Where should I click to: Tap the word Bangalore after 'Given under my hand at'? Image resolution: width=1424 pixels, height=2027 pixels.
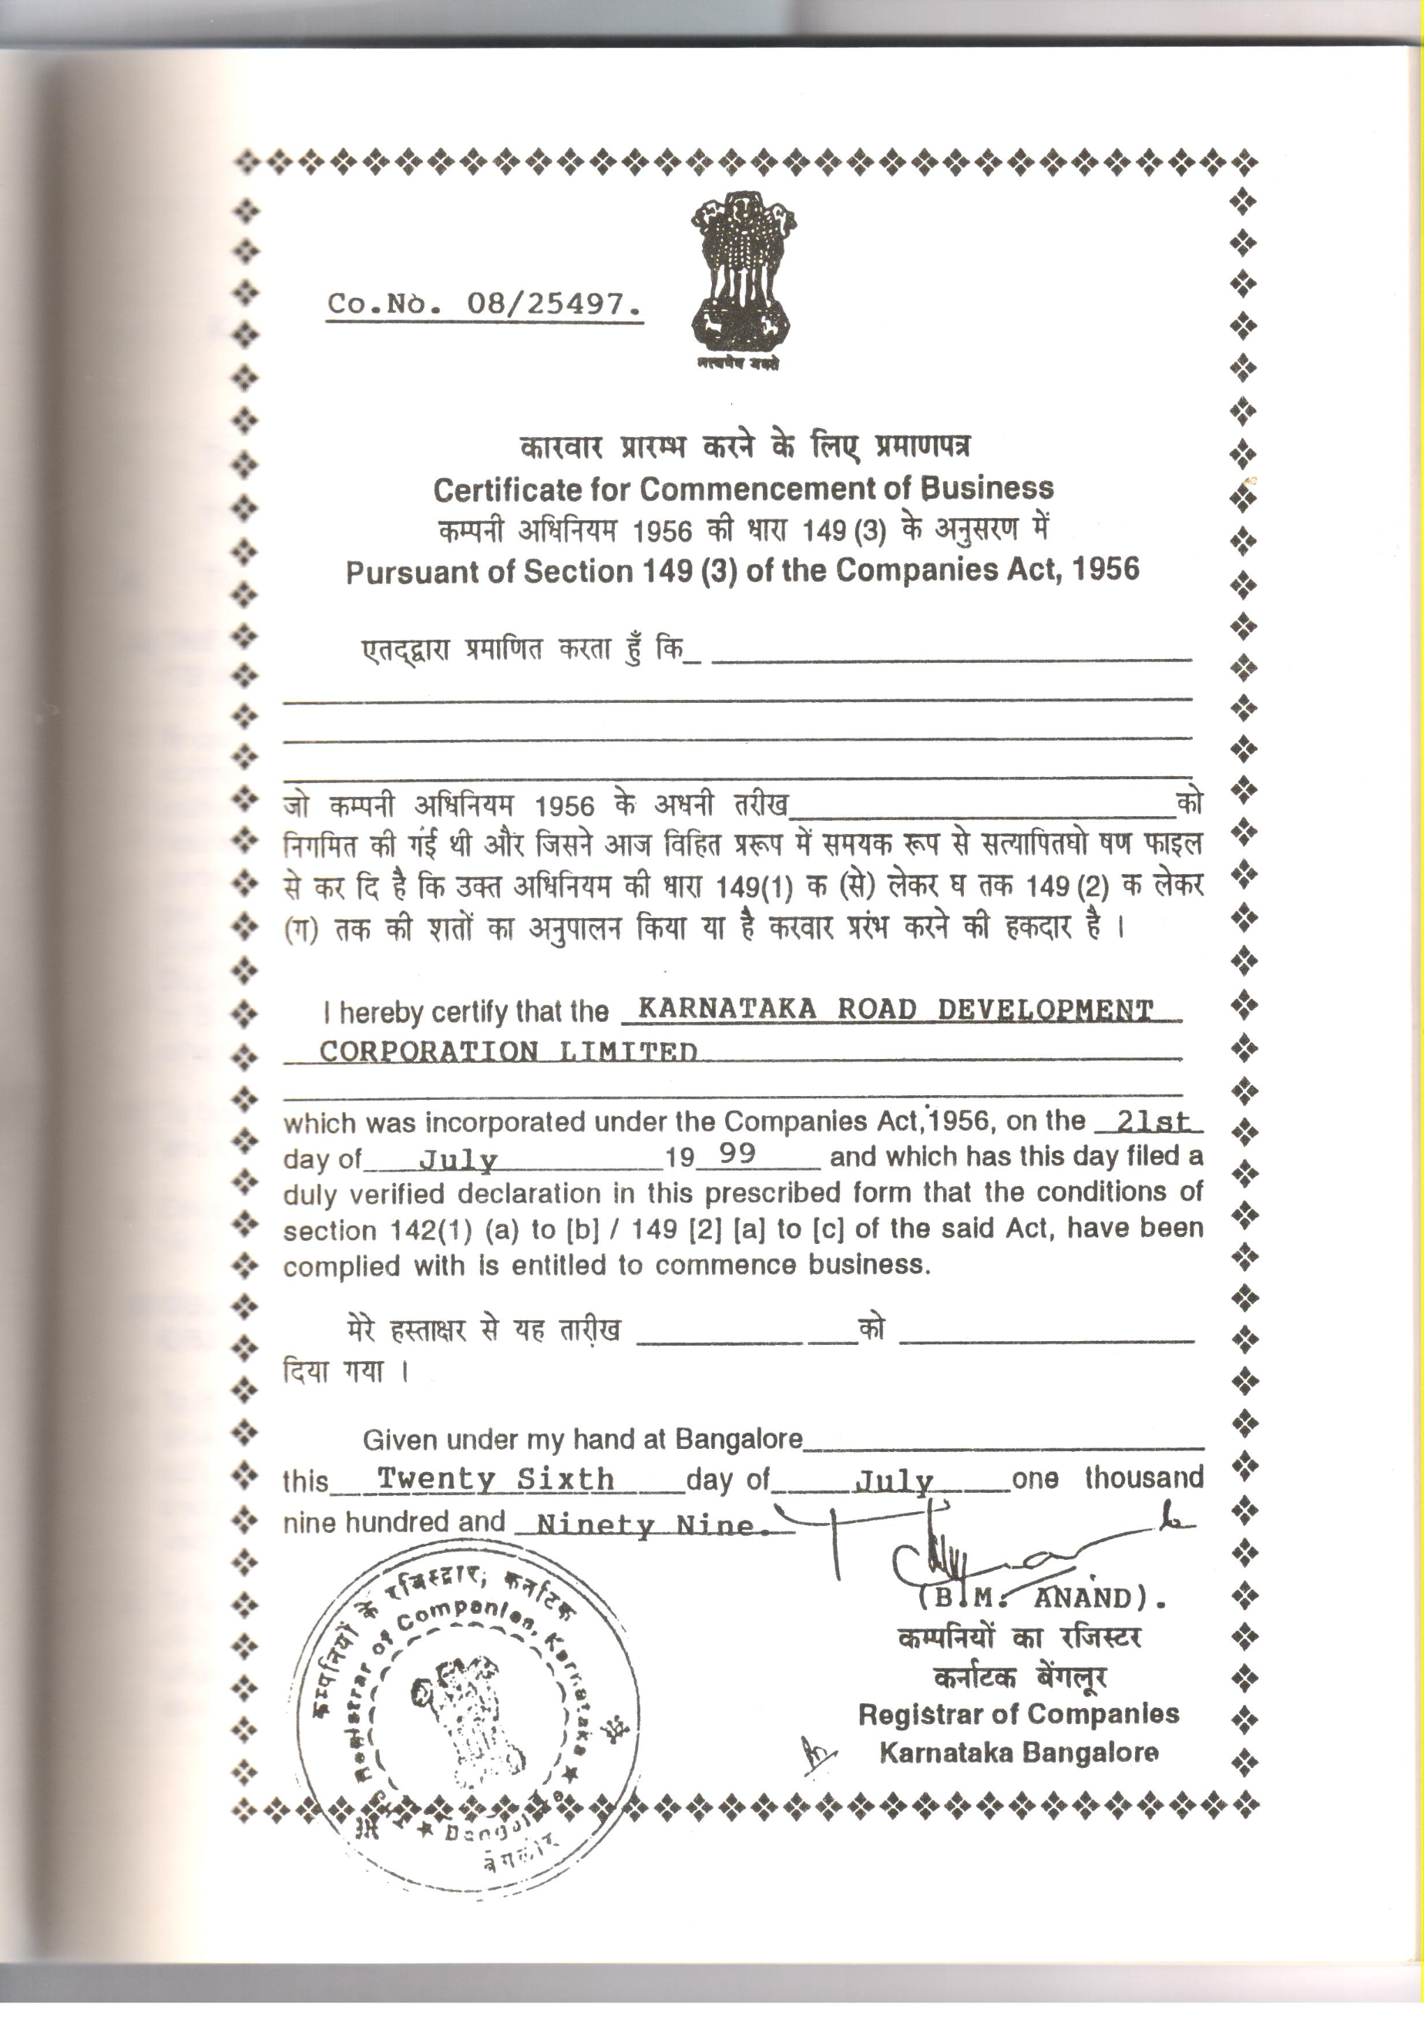point(739,1440)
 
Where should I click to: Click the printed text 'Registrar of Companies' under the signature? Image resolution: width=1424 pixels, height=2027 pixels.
point(1018,1713)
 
